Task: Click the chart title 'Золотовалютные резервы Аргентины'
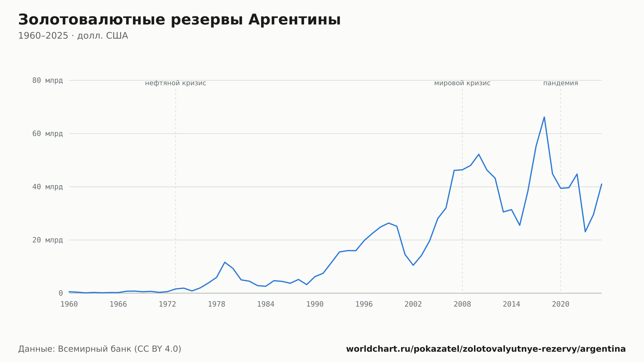(179, 20)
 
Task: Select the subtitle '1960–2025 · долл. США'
(73, 36)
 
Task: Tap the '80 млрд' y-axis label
(47, 81)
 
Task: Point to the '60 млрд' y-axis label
(47, 134)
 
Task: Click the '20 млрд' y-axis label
(47, 240)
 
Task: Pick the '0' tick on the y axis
(61, 293)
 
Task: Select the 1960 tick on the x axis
(69, 304)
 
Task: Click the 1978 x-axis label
(216, 304)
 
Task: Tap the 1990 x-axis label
(315, 304)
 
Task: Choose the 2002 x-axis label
(413, 304)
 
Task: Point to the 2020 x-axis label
(561, 304)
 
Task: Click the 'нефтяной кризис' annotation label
(175, 83)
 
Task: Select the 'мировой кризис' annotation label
(462, 83)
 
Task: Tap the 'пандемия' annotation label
(561, 83)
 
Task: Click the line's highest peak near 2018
(544, 117)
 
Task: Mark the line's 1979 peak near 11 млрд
(225, 262)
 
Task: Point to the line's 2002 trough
(413, 265)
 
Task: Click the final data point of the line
(601, 184)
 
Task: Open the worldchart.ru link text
(486, 349)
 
